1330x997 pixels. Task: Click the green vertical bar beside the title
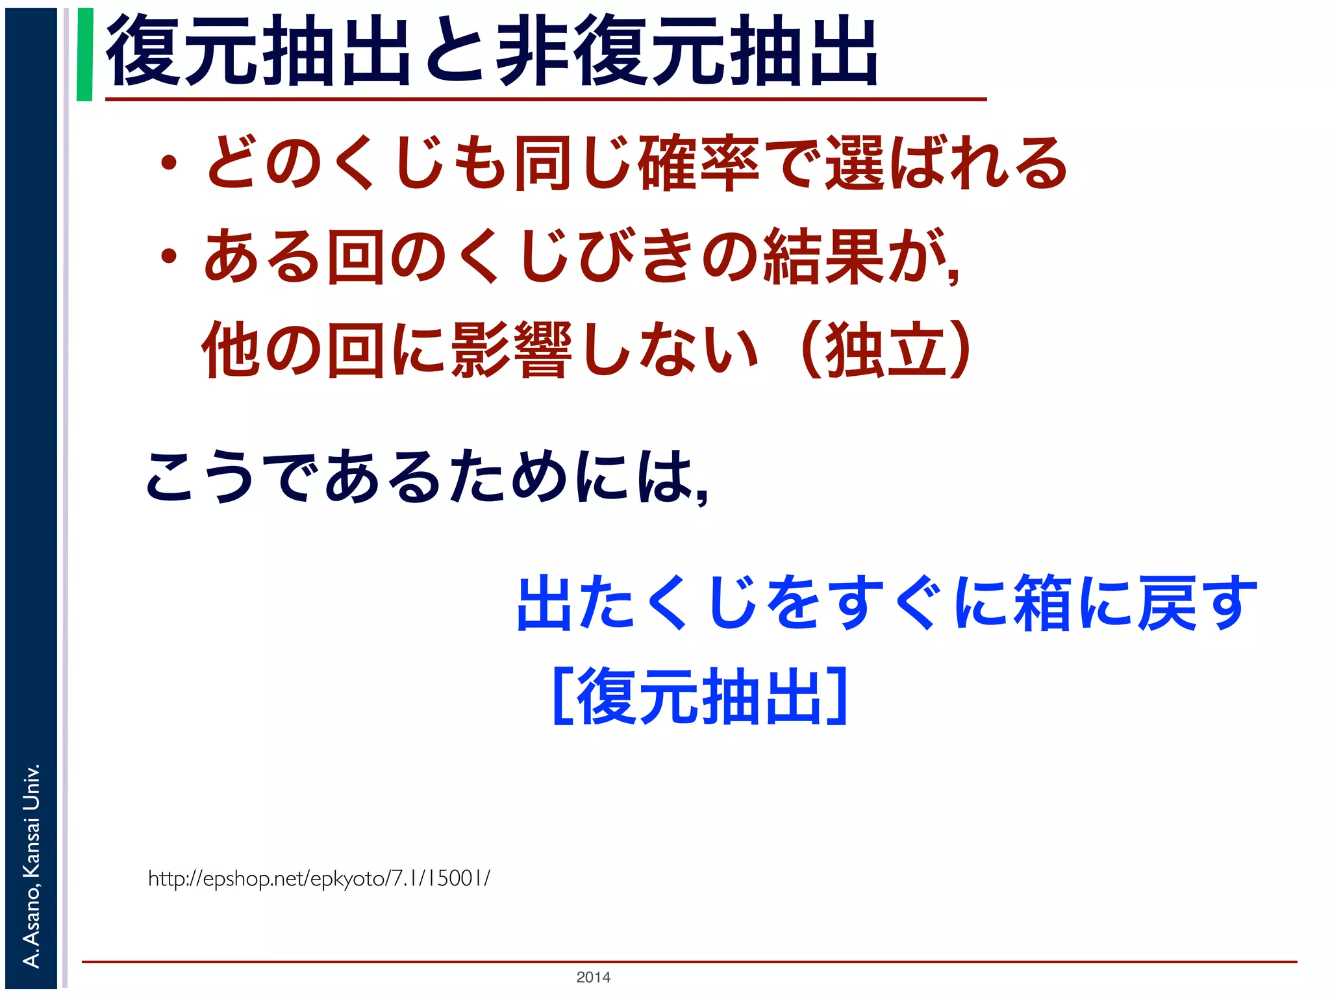84,55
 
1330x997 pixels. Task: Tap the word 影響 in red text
511,350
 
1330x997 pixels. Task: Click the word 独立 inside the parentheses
885,350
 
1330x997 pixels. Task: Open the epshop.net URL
319,878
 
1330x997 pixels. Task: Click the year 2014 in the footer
593,977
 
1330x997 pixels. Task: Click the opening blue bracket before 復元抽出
562,696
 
